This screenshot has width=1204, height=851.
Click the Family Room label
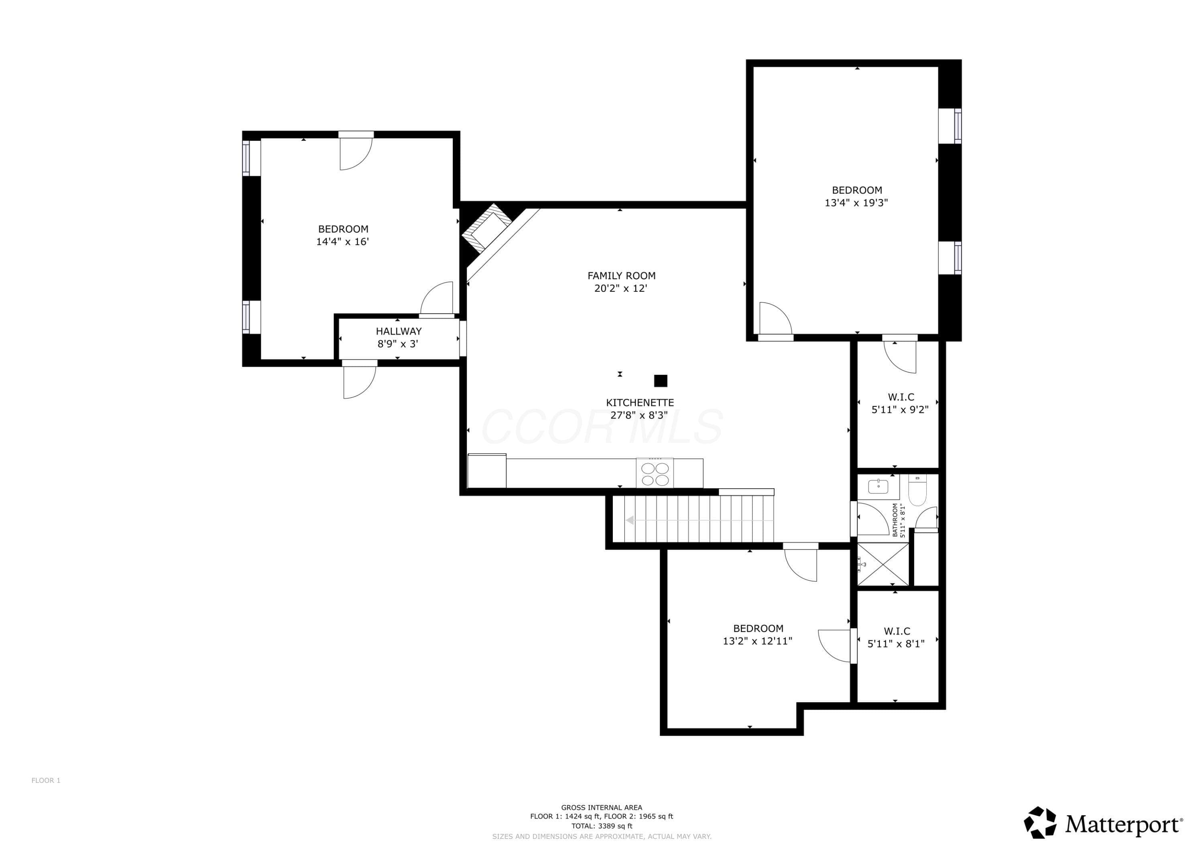(x=621, y=276)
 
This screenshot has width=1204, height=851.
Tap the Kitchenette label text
(x=640, y=403)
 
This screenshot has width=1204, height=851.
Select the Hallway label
(x=399, y=331)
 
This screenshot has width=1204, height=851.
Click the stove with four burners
(x=655, y=473)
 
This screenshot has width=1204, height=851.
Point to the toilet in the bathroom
(x=917, y=490)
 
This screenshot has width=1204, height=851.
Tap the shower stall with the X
(x=883, y=564)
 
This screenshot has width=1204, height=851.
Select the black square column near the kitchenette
(x=661, y=381)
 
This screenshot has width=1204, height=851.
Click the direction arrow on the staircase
(x=700, y=520)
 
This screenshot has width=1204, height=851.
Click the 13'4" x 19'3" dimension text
(x=856, y=203)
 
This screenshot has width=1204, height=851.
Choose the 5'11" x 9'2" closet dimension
(x=900, y=410)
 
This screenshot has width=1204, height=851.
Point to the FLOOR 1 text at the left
(x=46, y=781)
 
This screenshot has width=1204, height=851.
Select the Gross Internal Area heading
(x=602, y=808)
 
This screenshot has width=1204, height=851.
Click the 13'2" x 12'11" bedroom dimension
(x=757, y=641)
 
